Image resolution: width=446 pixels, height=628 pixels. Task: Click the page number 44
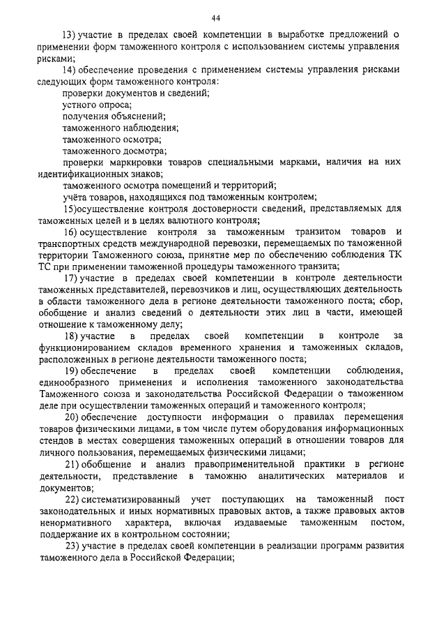223,17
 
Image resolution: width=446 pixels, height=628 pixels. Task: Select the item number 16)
70,232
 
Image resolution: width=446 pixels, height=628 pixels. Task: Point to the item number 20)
70,417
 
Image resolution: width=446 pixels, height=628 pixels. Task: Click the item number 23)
70,546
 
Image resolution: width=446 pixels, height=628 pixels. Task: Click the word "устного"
77,104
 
